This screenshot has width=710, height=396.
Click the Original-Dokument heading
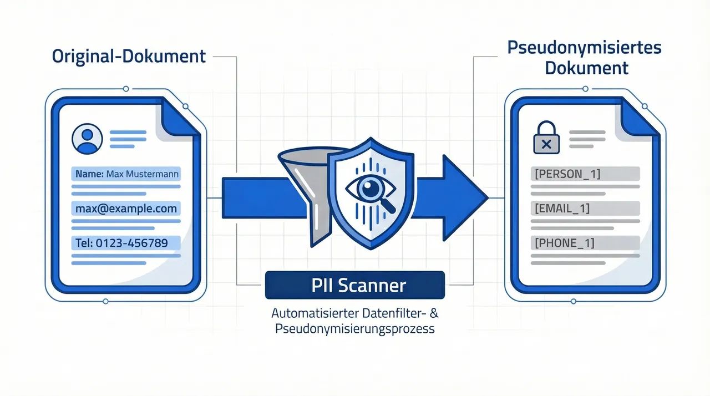[129, 56]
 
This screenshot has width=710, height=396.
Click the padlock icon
[546, 139]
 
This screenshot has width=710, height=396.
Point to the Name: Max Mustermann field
[127, 174]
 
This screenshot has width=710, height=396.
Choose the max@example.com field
[127, 209]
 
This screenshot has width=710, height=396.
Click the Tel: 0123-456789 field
[127, 243]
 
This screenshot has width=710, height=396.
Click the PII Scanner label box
[355, 285]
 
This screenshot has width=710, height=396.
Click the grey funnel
[302, 183]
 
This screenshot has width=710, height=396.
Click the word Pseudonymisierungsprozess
[355, 328]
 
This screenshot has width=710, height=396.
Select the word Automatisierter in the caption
[307, 313]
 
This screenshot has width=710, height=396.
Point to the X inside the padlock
[546, 145]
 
